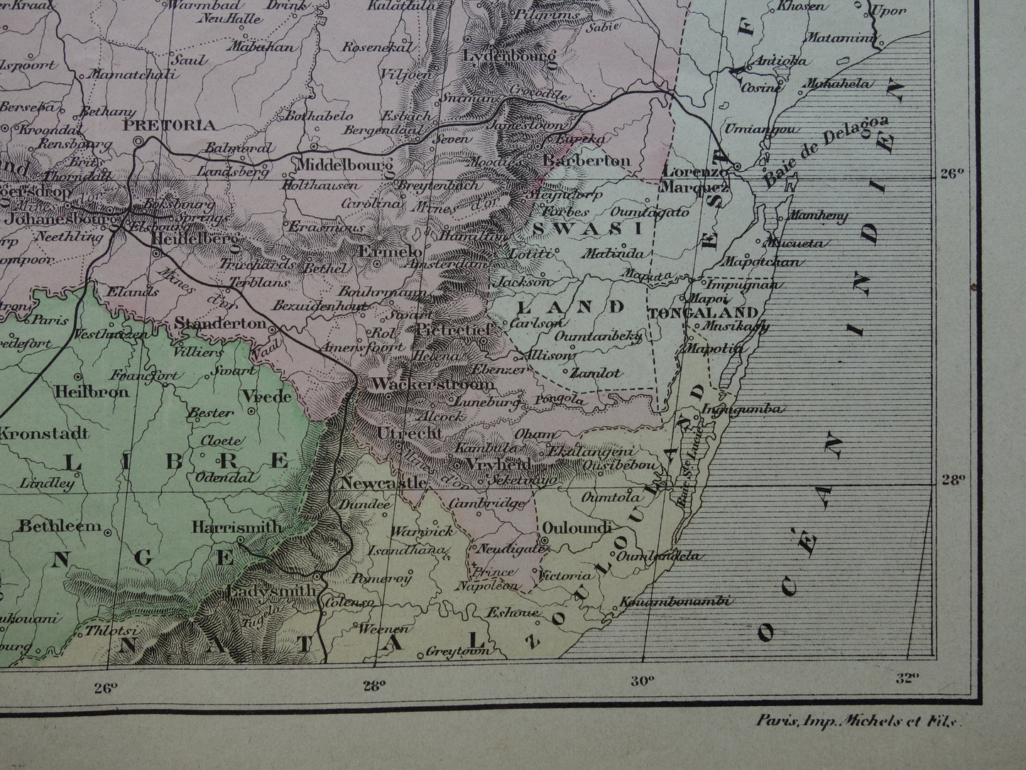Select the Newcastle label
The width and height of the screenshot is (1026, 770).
point(384,483)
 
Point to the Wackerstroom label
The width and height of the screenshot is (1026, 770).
point(432,384)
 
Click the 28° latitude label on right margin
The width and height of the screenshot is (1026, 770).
point(951,479)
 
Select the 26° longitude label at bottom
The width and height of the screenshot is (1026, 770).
point(105,686)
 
